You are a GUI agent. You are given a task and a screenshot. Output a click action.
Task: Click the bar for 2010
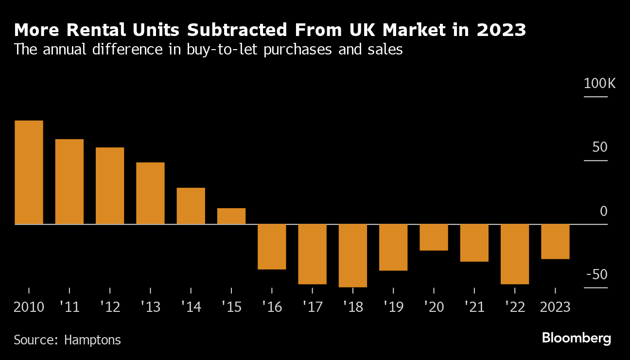tap(29, 172)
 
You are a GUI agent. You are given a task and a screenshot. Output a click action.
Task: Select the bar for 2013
tap(150, 193)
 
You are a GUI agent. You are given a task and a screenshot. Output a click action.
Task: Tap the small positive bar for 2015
tap(231, 216)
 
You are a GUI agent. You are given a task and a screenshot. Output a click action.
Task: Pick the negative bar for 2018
tap(352, 255)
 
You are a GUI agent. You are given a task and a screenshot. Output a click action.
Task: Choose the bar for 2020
tap(434, 237)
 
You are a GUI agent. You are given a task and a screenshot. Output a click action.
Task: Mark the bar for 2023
tap(555, 241)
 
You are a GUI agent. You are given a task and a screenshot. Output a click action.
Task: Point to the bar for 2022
tap(515, 254)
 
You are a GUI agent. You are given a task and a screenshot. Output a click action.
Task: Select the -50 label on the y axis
tap(596, 274)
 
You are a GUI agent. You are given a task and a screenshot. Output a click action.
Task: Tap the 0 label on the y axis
tap(603, 211)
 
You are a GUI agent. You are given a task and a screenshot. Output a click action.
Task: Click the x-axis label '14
tap(191, 307)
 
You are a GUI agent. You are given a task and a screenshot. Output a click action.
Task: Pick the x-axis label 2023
tap(555, 307)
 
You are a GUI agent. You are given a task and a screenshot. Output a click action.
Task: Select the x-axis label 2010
tap(29, 307)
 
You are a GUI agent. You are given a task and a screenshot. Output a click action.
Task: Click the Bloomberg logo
tap(576, 338)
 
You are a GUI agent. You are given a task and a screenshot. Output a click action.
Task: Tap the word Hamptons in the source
tap(92, 340)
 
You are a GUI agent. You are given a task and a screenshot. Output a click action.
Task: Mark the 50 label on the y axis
tap(599, 147)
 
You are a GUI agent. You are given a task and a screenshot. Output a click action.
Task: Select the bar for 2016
tap(272, 247)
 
